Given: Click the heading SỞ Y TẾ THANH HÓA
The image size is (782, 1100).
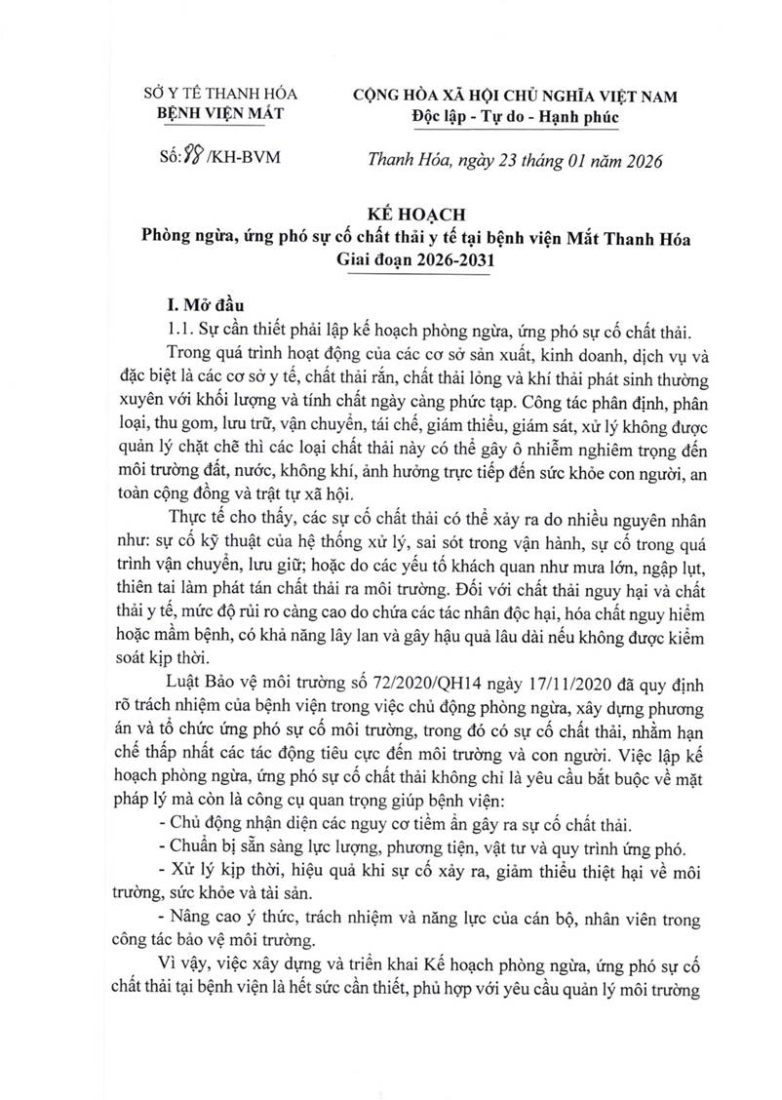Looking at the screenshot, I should (x=215, y=95).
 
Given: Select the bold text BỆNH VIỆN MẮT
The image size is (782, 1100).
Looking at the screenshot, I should (x=215, y=115).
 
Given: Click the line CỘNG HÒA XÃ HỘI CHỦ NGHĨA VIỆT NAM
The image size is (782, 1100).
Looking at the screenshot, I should (x=515, y=95).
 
